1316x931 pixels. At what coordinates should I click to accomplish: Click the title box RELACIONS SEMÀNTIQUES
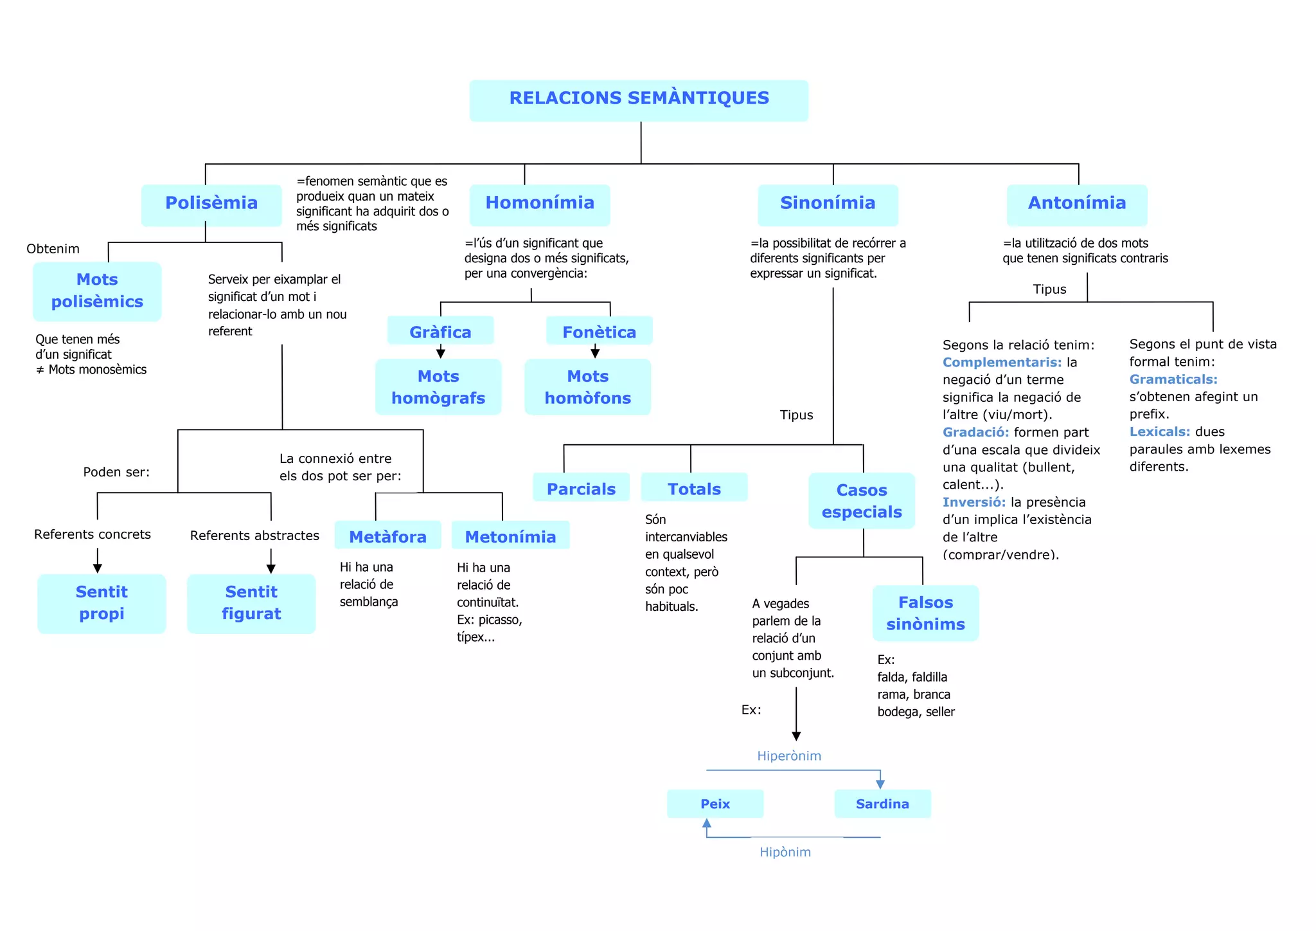[639, 100]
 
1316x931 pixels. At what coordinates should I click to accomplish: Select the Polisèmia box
[211, 204]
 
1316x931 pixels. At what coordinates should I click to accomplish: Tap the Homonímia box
[540, 204]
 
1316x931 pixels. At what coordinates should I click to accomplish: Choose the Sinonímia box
[828, 204]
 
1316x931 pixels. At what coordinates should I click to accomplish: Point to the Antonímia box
[1077, 204]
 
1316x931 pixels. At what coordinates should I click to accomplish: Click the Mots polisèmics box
[97, 291]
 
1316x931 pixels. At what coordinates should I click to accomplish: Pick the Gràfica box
[440, 331]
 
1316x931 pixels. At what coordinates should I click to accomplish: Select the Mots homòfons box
[587, 387]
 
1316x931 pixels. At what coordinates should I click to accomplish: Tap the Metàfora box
[387, 536]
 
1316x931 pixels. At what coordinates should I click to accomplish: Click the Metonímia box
[510, 536]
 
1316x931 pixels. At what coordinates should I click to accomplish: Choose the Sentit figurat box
[251, 603]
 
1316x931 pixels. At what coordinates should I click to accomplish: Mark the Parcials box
[581, 488]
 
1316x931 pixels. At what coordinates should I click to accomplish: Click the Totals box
[694, 488]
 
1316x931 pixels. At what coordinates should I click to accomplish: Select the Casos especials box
[862, 501]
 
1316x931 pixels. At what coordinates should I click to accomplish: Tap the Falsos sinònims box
[925, 613]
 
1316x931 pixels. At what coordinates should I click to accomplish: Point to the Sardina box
[882, 804]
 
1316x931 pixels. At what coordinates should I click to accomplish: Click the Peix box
[715, 804]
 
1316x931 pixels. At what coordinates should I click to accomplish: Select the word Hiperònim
[789, 756]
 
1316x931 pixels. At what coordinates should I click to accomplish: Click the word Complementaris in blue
[1002, 363]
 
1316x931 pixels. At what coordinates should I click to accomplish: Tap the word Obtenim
[53, 249]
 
